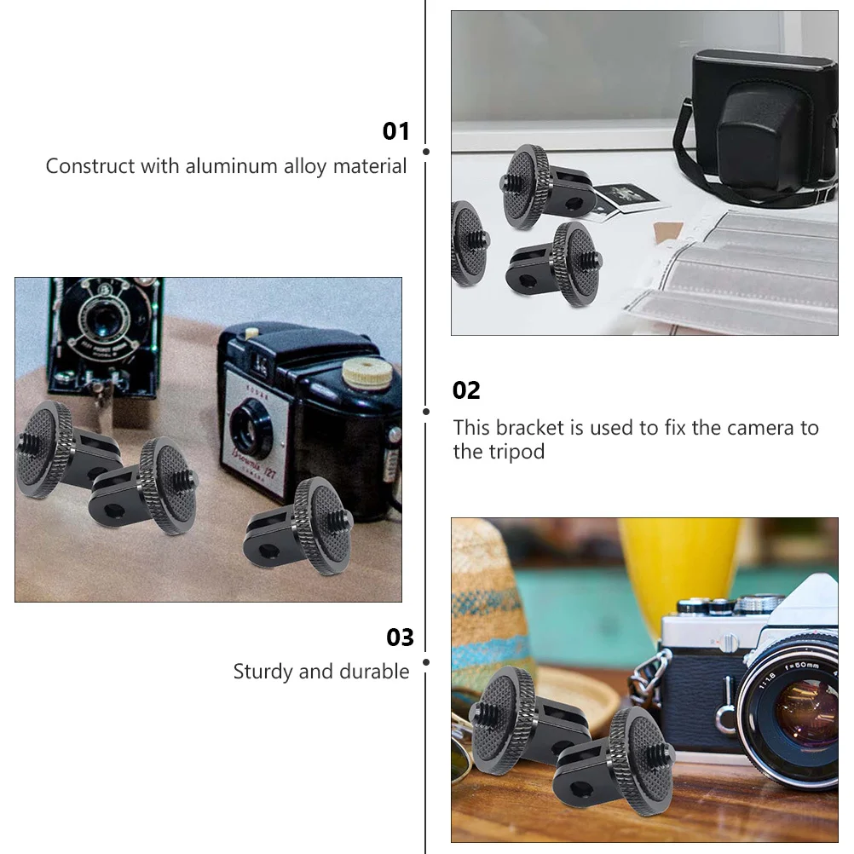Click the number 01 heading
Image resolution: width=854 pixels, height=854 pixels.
396,131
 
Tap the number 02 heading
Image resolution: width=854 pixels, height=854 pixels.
466,390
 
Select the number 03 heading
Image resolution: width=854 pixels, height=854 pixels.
400,638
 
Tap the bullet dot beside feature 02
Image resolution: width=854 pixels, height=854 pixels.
425,411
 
